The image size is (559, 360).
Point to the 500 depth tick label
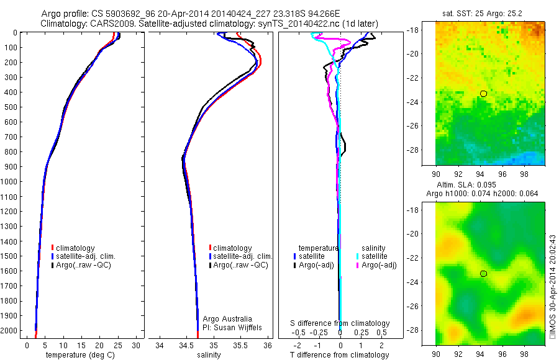(x=9, y=107)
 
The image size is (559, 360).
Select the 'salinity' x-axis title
(x=209, y=355)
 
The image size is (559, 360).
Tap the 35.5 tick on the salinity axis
(x=240, y=345)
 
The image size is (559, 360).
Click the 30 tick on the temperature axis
(x=135, y=345)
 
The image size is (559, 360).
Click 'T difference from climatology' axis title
(x=339, y=355)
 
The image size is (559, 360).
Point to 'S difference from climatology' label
(x=340, y=323)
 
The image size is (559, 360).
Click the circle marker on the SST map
(x=483, y=93)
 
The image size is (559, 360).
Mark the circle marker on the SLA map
(x=483, y=273)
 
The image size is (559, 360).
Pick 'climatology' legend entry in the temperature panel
(x=76, y=248)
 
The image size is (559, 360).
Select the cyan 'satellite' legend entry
(x=374, y=256)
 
